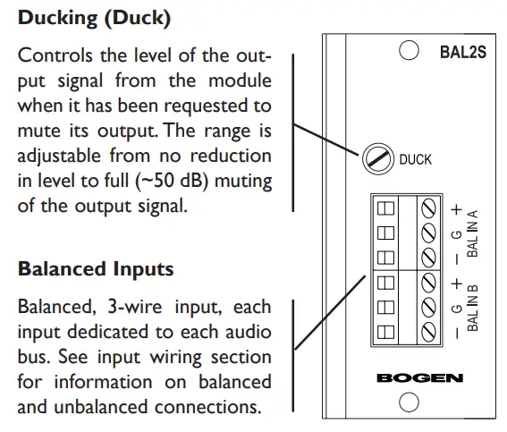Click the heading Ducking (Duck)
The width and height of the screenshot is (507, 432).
click(x=94, y=16)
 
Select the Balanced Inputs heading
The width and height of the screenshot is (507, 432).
click(x=96, y=268)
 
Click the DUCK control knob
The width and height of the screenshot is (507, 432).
click(x=377, y=160)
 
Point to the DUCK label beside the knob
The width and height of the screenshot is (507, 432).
click(x=415, y=160)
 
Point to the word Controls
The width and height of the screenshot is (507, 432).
click(x=53, y=56)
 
